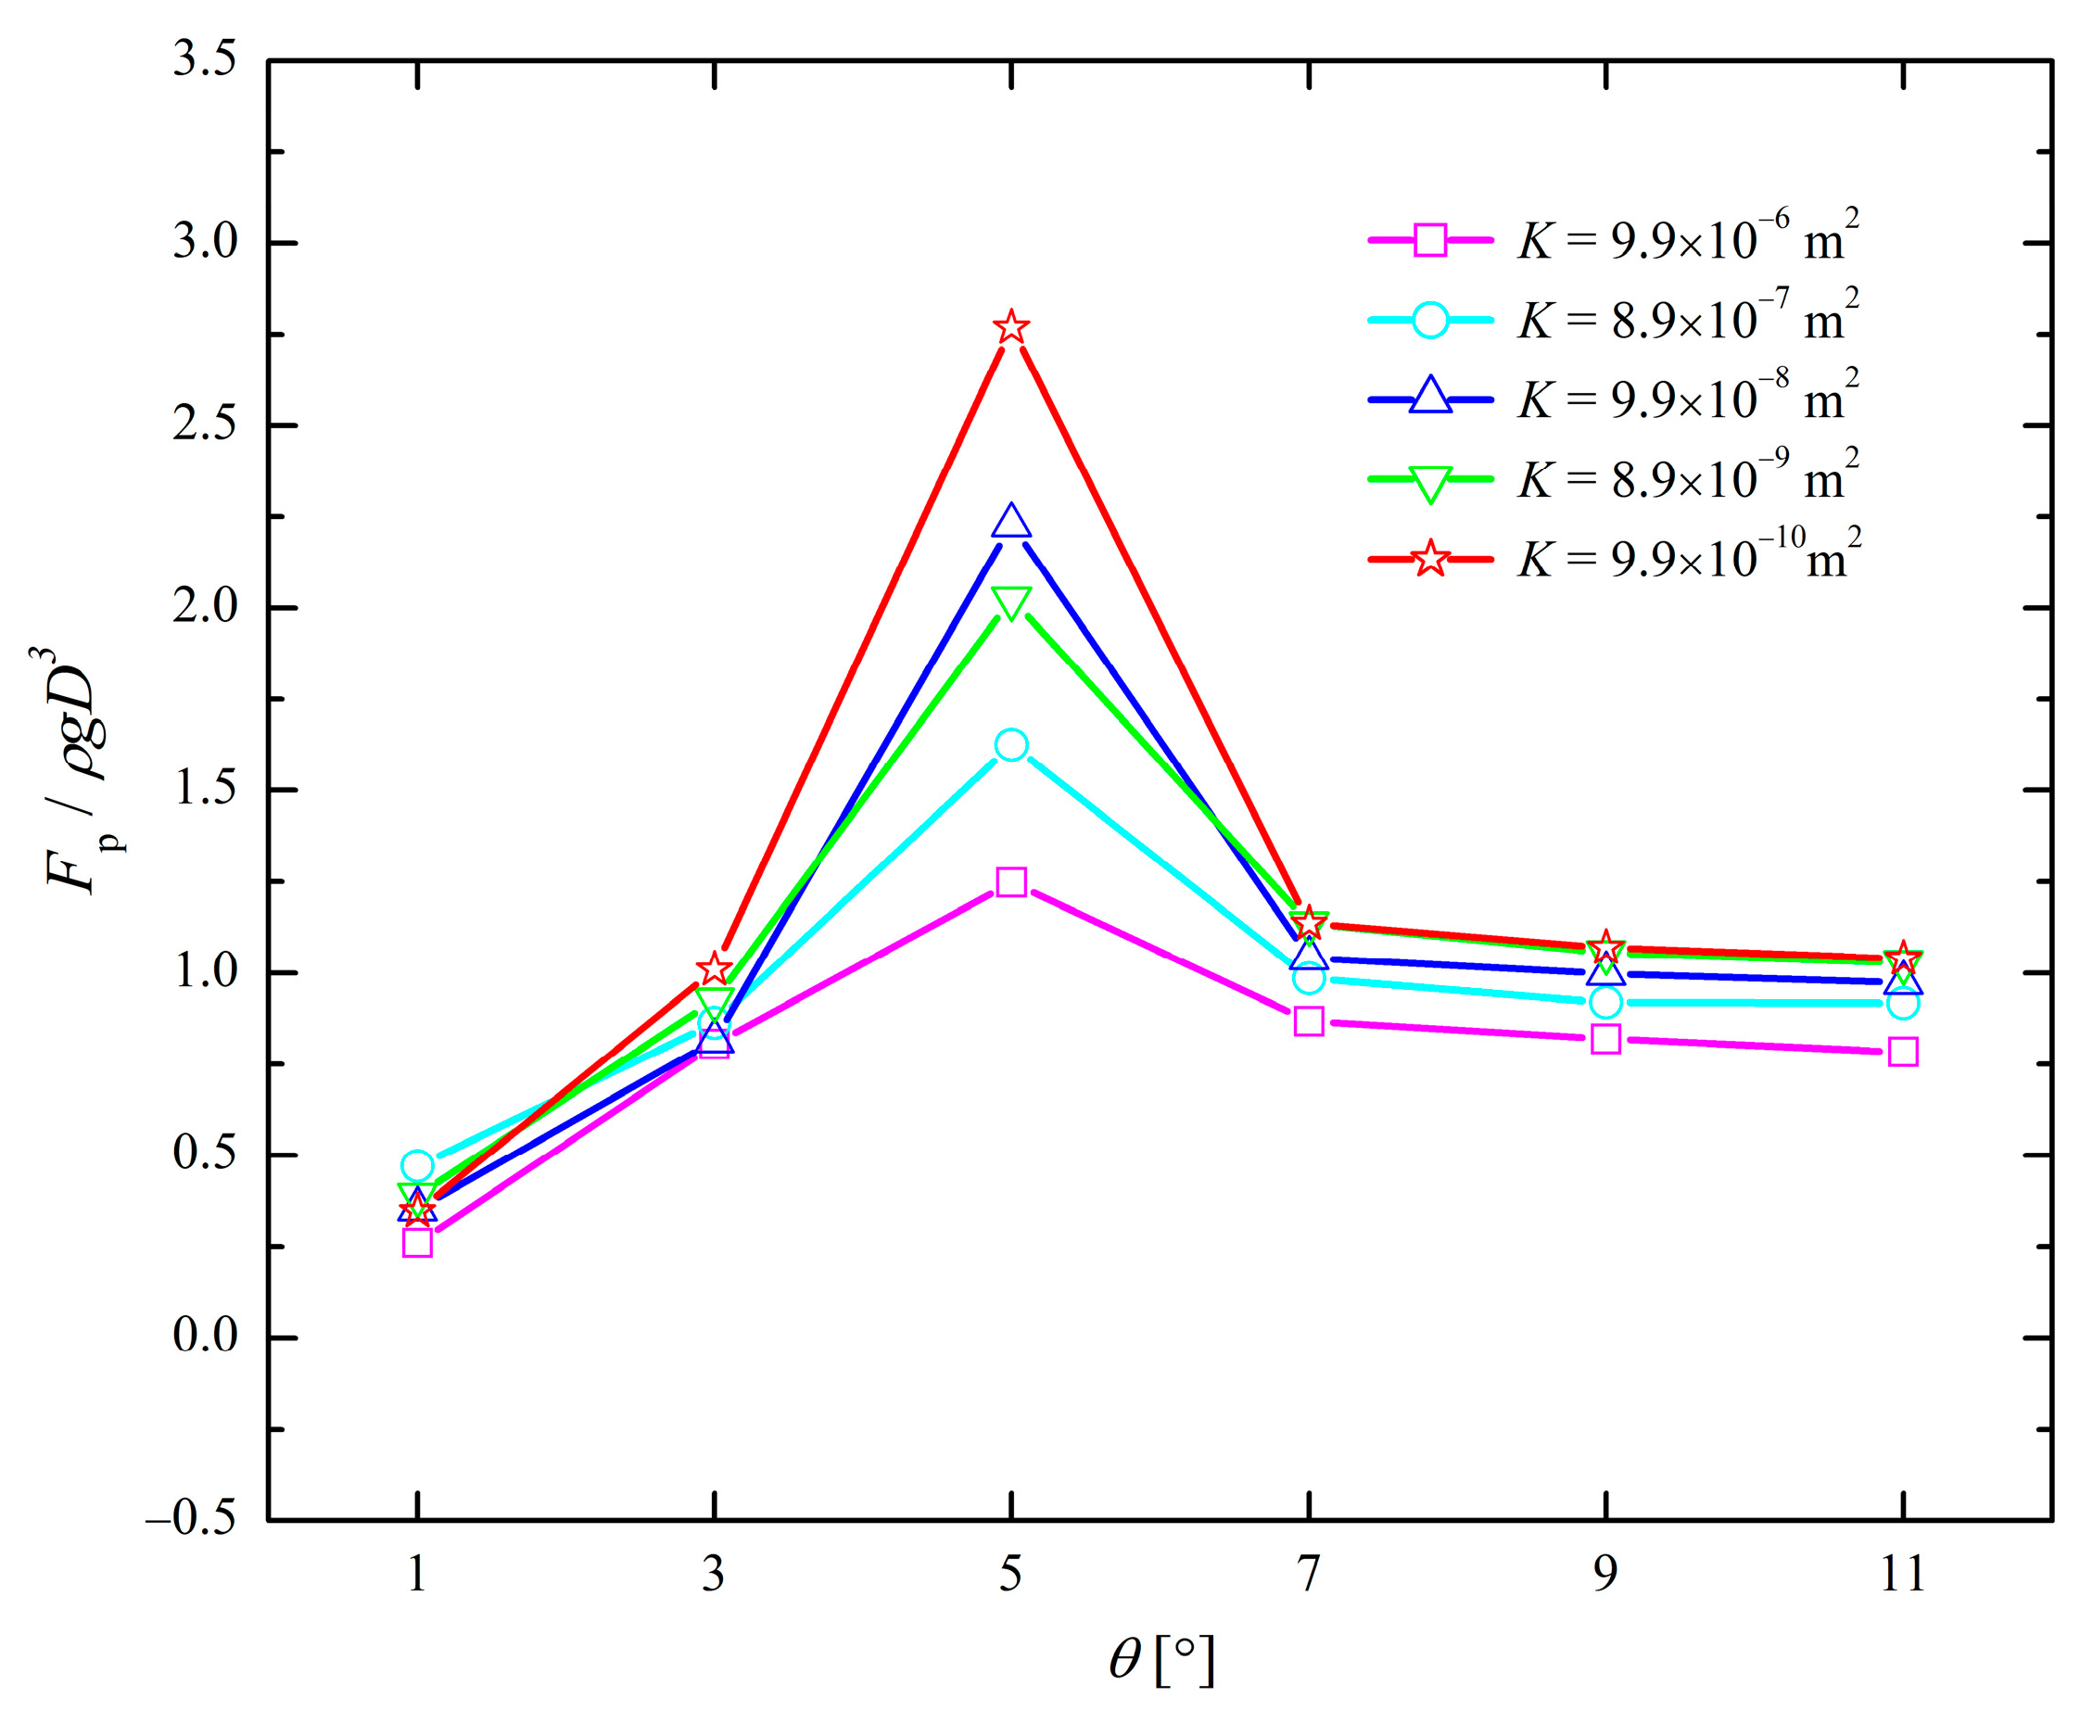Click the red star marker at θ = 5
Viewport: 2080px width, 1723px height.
[1010, 327]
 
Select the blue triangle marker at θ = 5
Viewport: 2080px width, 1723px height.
[1010, 521]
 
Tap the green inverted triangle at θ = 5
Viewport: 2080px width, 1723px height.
[1010, 602]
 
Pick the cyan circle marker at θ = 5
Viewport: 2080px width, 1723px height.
[1010, 744]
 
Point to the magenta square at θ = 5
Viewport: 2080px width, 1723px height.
[1010, 881]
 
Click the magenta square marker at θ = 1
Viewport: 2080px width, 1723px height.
[417, 1242]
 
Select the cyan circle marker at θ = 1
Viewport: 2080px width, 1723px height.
[417, 1165]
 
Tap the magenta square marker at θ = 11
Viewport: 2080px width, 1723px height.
[1902, 1051]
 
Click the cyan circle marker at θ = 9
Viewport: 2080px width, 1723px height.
[1605, 1002]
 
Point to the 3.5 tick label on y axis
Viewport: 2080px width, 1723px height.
[205, 60]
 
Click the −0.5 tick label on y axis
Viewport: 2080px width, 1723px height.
[192, 1519]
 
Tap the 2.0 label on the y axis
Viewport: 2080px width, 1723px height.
[205, 607]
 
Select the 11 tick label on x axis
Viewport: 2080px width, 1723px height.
[1902, 1575]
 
